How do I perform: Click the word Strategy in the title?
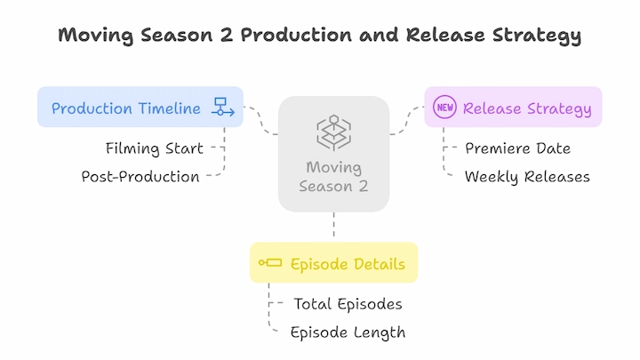point(536,36)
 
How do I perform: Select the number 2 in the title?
point(226,35)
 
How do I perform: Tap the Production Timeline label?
point(125,108)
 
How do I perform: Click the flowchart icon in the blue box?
point(223,107)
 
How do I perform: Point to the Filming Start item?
point(155,148)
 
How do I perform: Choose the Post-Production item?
point(140,177)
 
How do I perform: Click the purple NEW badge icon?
point(444,107)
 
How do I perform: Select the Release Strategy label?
point(527,108)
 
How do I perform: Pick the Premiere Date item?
point(517,148)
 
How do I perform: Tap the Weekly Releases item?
point(527,177)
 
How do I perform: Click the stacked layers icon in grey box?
point(334,132)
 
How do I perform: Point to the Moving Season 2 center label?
point(333,177)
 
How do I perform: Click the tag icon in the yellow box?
point(270,262)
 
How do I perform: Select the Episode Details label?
point(348,264)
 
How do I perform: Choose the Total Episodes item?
point(348,304)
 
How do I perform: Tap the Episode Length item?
point(348,332)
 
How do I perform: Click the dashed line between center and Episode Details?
point(334,225)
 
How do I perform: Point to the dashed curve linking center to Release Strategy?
point(406,121)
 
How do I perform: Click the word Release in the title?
point(445,35)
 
